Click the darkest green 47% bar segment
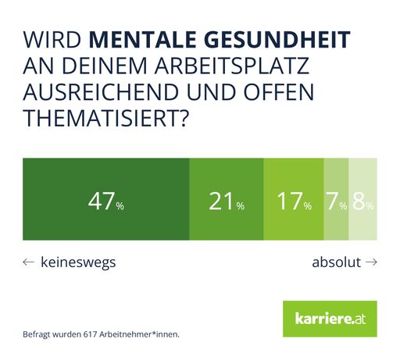(x=106, y=199)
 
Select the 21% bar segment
(x=227, y=199)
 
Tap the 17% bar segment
(x=294, y=199)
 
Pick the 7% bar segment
(x=336, y=199)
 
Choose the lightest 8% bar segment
(x=362, y=199)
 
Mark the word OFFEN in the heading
(x=273, y=94)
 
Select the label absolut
(x=336, y=262)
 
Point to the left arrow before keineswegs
(x=29, y=262)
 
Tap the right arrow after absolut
(x=371, y=262)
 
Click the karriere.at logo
(x=329, y=320)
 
